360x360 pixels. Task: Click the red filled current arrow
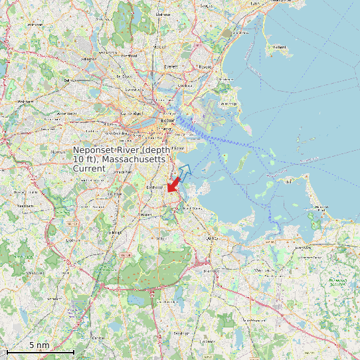tap(174, 183)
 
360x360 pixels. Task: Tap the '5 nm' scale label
tap(39, 345)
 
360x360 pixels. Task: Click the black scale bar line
tap(40, 351)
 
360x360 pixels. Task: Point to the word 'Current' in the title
tap(89, 169)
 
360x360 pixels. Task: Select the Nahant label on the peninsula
tap(279, 47)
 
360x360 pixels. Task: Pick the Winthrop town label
tap(228, 104)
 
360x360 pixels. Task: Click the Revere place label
tap(205, 66)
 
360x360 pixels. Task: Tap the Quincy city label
tap(213, 237)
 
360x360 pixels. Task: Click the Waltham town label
tap(25, 102)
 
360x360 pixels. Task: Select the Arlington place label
tap(88, 58)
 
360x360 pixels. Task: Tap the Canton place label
tap(98, 337)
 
